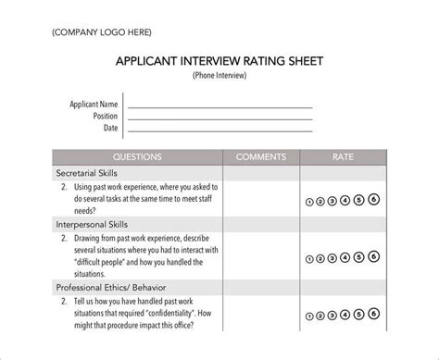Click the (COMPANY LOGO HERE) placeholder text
pyautogui.click(x=99, y=31)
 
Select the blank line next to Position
pyautogui.click(x=219, y=118)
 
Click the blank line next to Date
pyautogui.click(x=219, y=130)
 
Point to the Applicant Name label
pyautogui.click(x=94, y=105)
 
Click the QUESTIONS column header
pyautogui.click(x=136, y=156)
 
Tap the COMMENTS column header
pyautogui.click(x=260, y=156)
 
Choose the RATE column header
pyautogui.click(x=342, y=156)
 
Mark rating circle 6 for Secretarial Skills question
pyautogui.click(x=373, y=198)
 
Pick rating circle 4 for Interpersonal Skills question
pyautogui.click(x=345, y=256)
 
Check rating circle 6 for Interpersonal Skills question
pyautogui.click(x=373, y=255)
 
